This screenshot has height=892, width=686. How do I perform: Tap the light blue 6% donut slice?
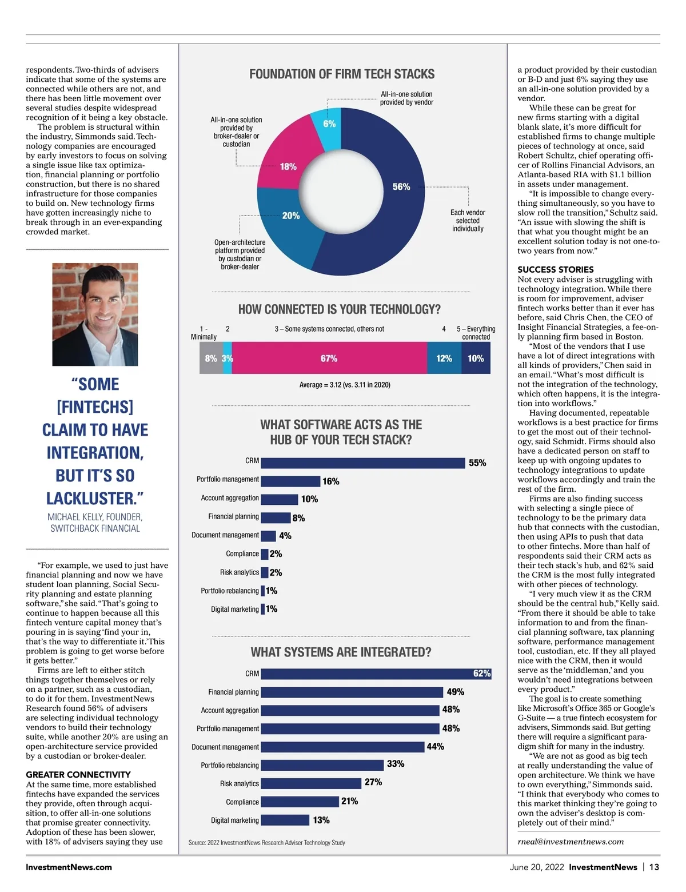pos(330,122)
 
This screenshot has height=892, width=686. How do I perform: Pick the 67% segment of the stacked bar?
pos(329,359)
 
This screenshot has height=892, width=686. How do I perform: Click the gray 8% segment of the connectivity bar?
pos(210,359)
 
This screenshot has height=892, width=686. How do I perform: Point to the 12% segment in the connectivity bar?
pos(444,359)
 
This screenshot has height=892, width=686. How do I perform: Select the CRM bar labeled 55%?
pos(362,463)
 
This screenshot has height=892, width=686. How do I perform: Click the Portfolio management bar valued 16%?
pos(290,481)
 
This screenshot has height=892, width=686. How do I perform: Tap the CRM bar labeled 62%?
pos(376,674)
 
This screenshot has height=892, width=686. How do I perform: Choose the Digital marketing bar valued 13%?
pos(285,820)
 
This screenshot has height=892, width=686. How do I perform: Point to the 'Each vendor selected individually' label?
pos(468,221)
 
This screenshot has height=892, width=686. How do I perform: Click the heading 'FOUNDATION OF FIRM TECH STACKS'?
pos(342,74)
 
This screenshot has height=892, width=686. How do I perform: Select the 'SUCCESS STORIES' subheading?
pos(555,269)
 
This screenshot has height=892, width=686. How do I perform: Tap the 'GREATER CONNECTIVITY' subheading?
pos(78,775)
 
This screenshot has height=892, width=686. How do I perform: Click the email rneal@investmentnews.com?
pos(570,842)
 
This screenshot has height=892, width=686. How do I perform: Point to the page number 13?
pos(654,867)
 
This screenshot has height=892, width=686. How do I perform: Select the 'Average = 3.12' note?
pos(345,385)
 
